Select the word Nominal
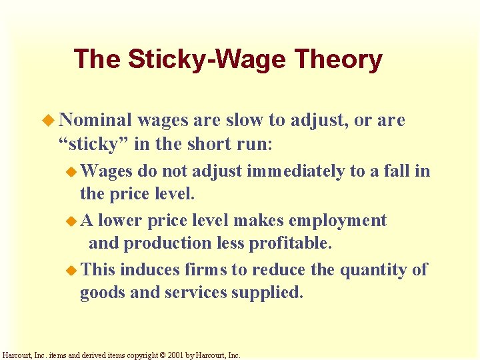pyautogui.click(x=96, y=120)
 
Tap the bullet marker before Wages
pyautogui.click(x=71, y=171)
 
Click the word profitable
pyautogui.click(x=290, y=244)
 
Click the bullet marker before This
pyautogui.click(x=71, y=270)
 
